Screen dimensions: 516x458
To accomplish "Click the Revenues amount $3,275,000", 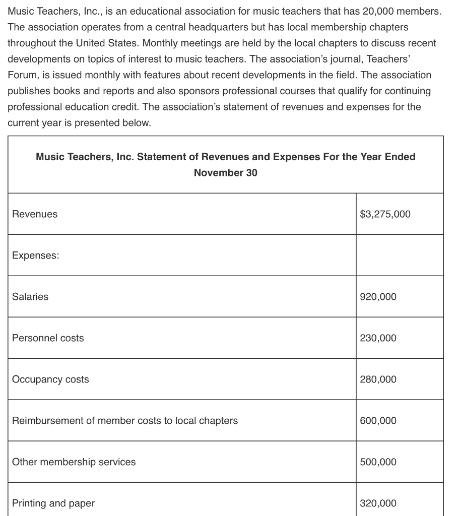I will tap(385, 214).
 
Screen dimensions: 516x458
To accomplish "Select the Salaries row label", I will tap(30, 297).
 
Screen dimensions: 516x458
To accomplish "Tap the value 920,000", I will tap(378, 297).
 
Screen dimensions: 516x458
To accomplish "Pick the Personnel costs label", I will tap(48, 338).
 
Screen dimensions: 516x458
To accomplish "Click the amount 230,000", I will tap(378, 338).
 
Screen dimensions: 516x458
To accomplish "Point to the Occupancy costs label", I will tap(50, 379).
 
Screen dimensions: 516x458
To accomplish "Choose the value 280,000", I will tap(378, 379).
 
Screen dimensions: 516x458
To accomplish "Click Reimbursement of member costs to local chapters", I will tap(125, 421).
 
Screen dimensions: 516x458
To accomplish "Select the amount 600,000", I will tap(378, 421).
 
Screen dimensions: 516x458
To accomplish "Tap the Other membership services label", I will tap(74, 462).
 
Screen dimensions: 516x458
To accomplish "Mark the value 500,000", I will tap(378, 462).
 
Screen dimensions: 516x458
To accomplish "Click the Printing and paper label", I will tap(53, 503).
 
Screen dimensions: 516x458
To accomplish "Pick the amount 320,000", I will tap(378, 503).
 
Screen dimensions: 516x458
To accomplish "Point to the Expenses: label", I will tap(35, 255).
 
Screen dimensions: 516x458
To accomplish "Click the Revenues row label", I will tap(35, 214).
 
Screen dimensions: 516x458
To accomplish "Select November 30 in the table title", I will tap(225, 173).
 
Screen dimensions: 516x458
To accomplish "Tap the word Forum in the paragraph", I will tap(22, 75).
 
